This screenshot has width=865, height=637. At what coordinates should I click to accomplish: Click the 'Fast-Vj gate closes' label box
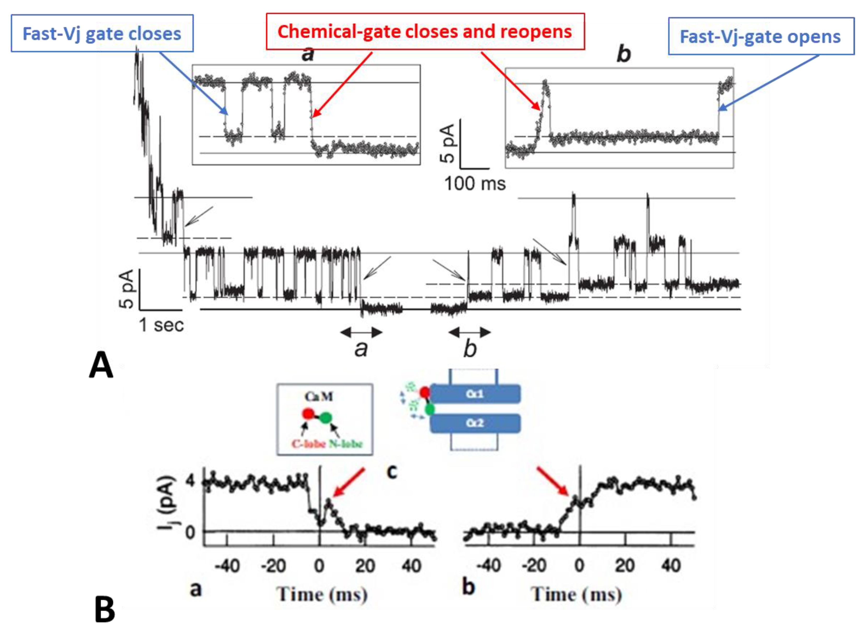click(x=102, y=33)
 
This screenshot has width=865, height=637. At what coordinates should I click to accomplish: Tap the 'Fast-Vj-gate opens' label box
click(x=760, y=37)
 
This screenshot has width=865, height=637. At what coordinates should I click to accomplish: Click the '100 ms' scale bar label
click(x=475, y=184)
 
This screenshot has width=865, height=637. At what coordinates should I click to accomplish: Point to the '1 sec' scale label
click(x=161, y=325)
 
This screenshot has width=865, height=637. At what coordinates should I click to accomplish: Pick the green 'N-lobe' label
click(x=346, y=444)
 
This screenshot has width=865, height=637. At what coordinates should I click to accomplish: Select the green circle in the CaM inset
click(x=326, y=417)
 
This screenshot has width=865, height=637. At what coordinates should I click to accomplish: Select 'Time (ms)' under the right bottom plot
click(x=577, y=594)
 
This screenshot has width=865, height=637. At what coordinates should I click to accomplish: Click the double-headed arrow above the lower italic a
click(x=361, y=332)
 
